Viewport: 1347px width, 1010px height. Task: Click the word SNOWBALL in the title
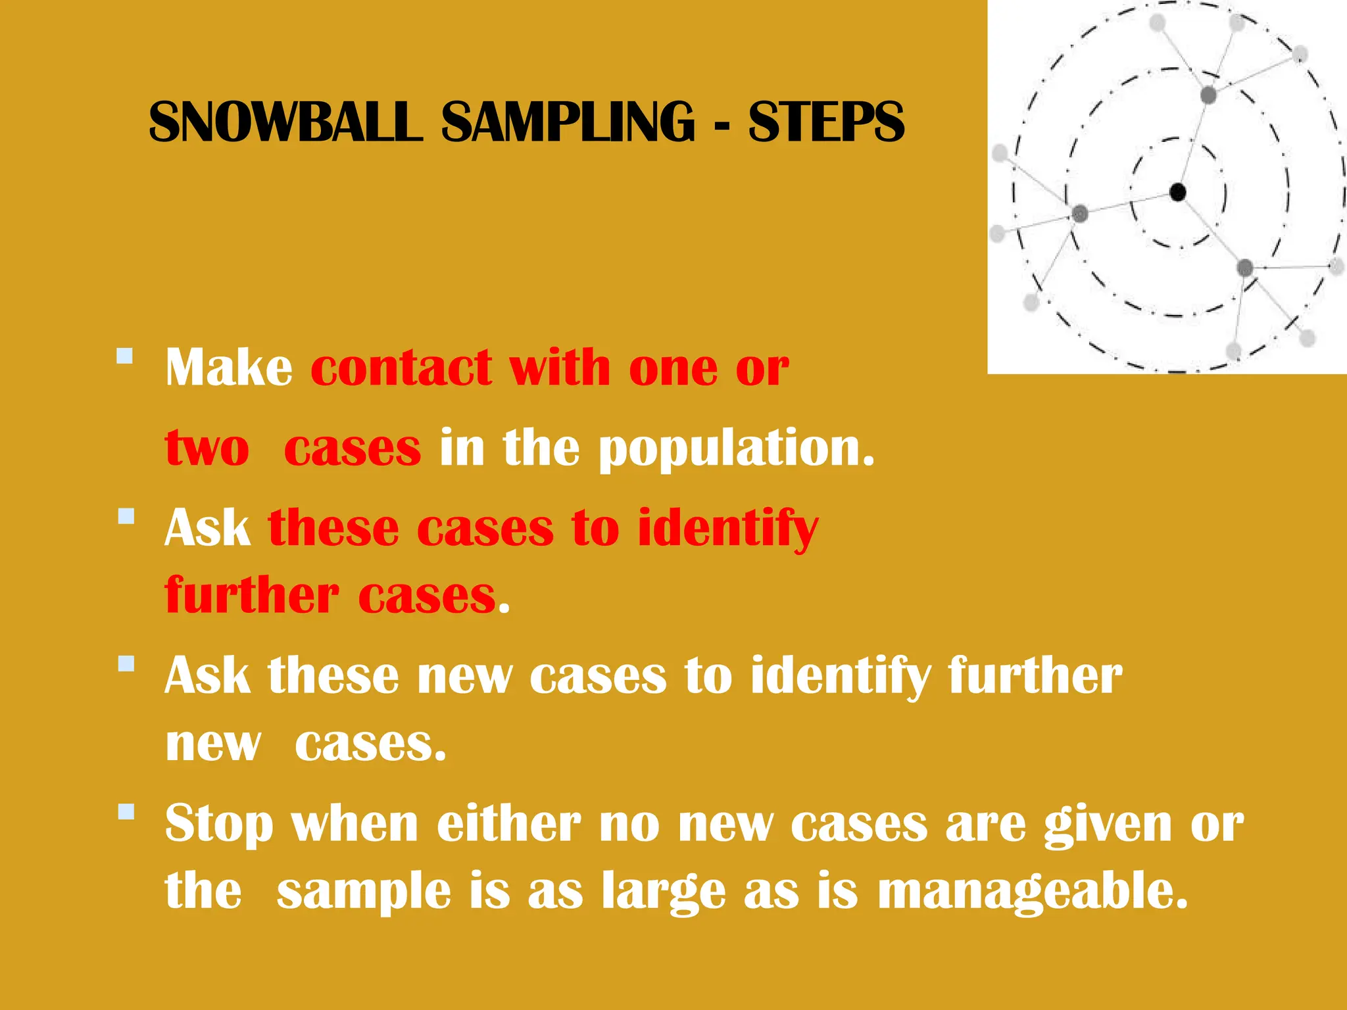(x=285, y=122)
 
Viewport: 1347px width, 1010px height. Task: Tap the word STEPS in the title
(x=826, y=122)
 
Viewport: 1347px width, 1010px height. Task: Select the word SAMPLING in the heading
(x=568, y=122)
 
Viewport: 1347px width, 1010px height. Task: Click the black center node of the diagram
(x=1178, y=193)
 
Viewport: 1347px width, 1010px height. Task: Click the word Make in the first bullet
(x=229, y=368)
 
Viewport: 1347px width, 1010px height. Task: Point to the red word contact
(x=401, y=368)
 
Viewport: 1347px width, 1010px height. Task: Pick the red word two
(x=207, y=448)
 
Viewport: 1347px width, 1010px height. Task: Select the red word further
(x=252, y=596)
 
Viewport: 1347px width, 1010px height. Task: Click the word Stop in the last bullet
(x=218, y=825)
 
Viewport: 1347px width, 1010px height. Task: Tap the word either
(x=509, y=823)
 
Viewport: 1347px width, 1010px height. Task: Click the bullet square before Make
(x=125, y=357)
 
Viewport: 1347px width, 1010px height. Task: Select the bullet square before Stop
(x=126, y=811)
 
